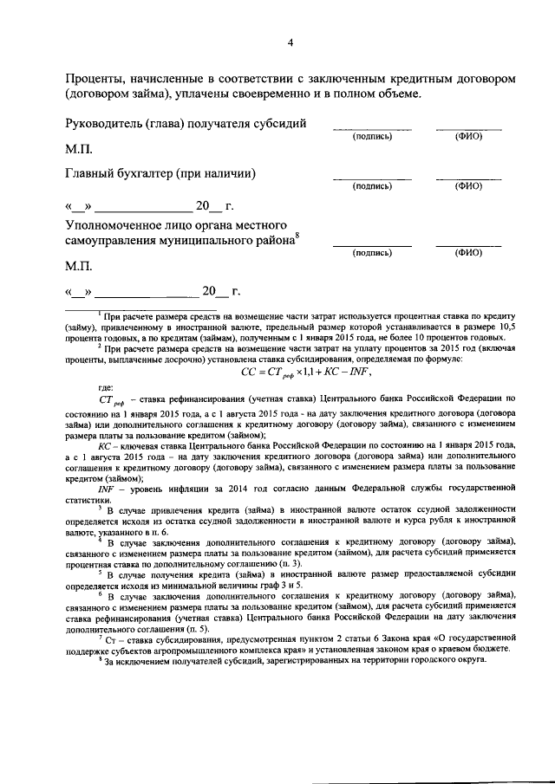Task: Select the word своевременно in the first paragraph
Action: pos(271,93)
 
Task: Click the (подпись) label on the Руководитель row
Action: pos(372,137)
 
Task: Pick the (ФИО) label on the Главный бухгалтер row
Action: pos(468,186)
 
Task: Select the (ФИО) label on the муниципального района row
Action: pos(468,253)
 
